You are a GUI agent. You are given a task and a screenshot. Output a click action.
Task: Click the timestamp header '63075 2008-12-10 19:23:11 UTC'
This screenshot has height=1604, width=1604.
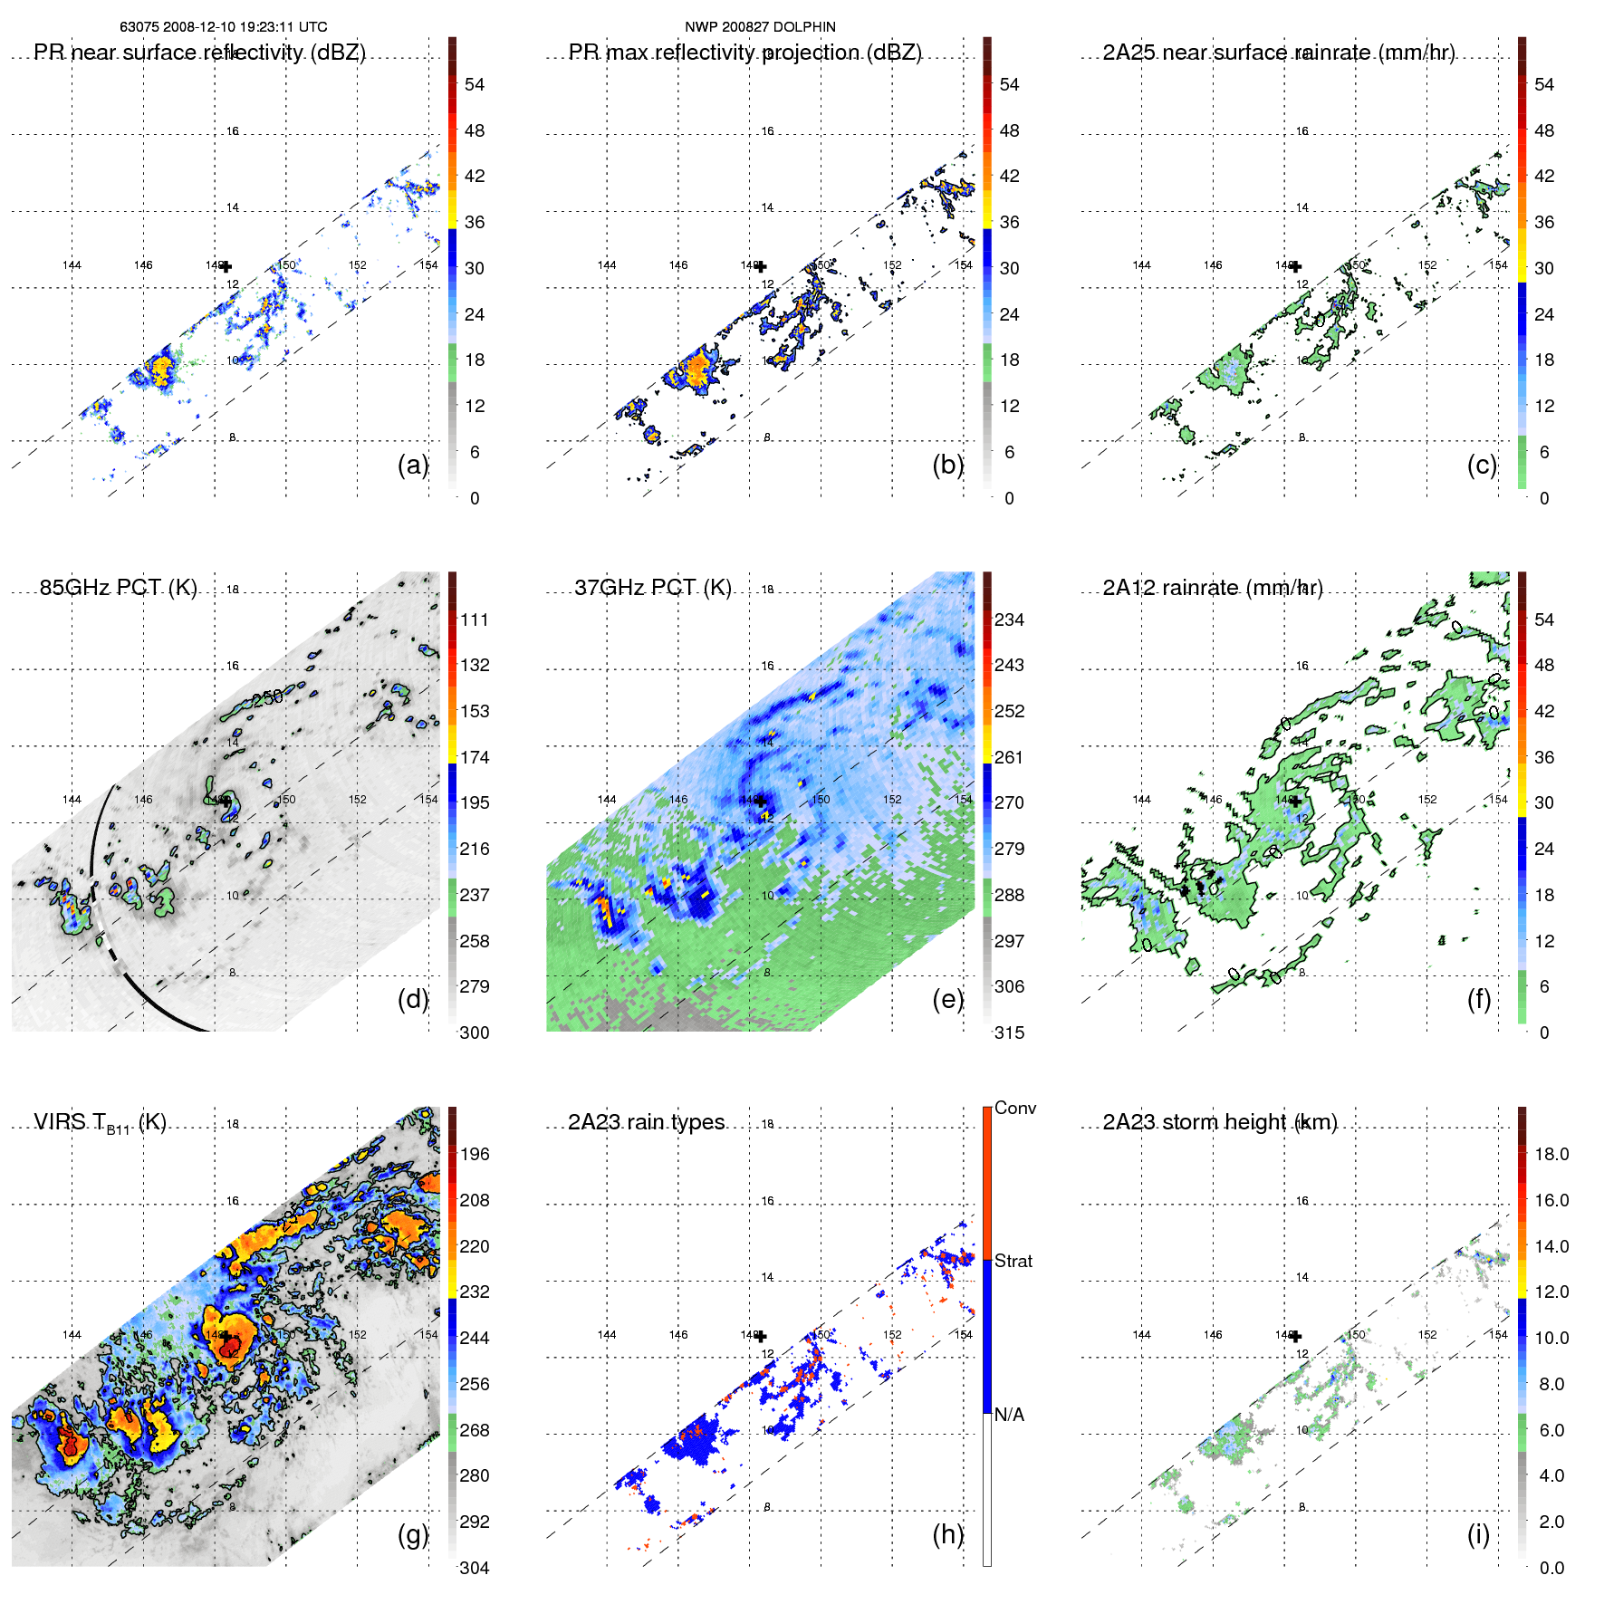tap(224, 27)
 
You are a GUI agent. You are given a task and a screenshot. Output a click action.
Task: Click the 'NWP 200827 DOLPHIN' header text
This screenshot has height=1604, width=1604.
tap(760, 27)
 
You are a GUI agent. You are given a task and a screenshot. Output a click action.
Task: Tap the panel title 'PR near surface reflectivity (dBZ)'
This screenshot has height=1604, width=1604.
tap(199, 53)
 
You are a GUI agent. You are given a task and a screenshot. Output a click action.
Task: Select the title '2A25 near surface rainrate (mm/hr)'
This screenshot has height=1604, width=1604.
tap(1278, 53)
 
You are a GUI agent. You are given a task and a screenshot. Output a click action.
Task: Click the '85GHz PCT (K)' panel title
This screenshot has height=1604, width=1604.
tap(118, 587)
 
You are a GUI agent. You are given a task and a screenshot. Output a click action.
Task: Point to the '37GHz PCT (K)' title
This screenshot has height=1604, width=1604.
tap(652, 587)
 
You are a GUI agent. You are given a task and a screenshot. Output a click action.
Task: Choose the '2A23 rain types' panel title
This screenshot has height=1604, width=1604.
tap(646, 1122)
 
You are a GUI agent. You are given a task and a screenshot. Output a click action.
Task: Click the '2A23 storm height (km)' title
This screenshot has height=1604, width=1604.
tap(1219, 1122)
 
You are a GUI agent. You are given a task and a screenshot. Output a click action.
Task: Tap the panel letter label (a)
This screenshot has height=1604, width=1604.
tap(412, 465)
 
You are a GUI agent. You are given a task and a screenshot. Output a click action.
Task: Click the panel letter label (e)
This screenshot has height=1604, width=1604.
tap(947, 999)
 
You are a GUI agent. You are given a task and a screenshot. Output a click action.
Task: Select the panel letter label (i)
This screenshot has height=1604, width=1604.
tap(1478, 1534)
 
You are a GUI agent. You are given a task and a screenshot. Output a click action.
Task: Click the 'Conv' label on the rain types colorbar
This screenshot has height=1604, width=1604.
tap(1015, 1108)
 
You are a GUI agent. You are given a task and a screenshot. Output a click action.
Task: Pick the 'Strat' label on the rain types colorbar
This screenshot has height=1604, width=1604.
tap(1013, 1261)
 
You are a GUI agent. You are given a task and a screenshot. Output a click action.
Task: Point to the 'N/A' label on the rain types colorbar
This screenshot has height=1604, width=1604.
tap(1009, 1415)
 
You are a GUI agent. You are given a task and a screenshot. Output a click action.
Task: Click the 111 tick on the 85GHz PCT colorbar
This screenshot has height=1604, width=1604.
tap(475, 620)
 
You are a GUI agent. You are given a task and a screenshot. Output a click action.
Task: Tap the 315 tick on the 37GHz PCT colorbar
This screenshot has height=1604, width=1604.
tap(1009, 1033)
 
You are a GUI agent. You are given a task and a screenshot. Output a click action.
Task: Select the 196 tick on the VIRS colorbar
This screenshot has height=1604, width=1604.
tap(475, 1154)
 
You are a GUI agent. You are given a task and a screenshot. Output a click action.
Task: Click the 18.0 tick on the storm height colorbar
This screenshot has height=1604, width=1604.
tap(1551, 1154)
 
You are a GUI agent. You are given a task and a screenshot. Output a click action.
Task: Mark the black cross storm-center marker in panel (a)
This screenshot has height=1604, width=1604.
tap(226, 266)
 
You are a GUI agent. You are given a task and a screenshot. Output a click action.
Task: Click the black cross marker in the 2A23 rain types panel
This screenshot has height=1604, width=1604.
tap(761, 1336)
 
